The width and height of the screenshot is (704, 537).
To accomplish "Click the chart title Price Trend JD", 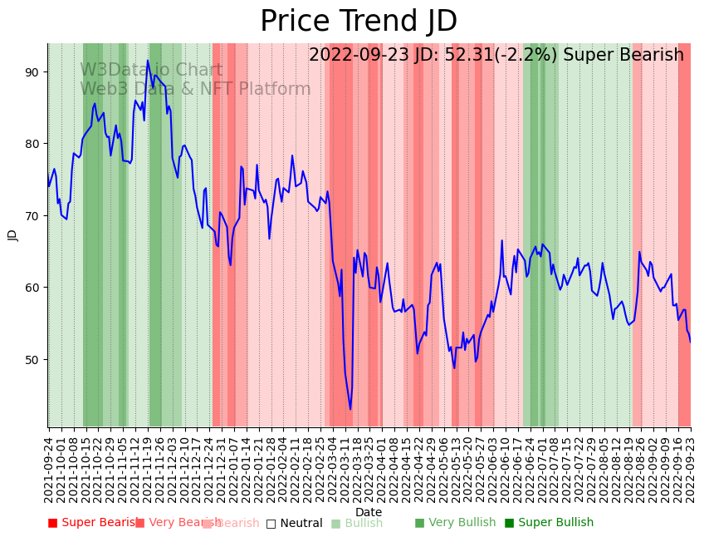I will coord(359,22).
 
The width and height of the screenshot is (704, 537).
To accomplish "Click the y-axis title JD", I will coord(12,234).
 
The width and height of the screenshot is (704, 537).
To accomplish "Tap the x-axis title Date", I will coord(369,512).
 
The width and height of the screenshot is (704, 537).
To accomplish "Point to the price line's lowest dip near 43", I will coord(350,409).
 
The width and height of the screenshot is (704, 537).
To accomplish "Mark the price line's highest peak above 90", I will coord(148,61).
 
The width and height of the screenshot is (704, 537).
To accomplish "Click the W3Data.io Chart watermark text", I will coord(151,71).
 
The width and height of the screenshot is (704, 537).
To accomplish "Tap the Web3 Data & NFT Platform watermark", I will coord(195,90).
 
